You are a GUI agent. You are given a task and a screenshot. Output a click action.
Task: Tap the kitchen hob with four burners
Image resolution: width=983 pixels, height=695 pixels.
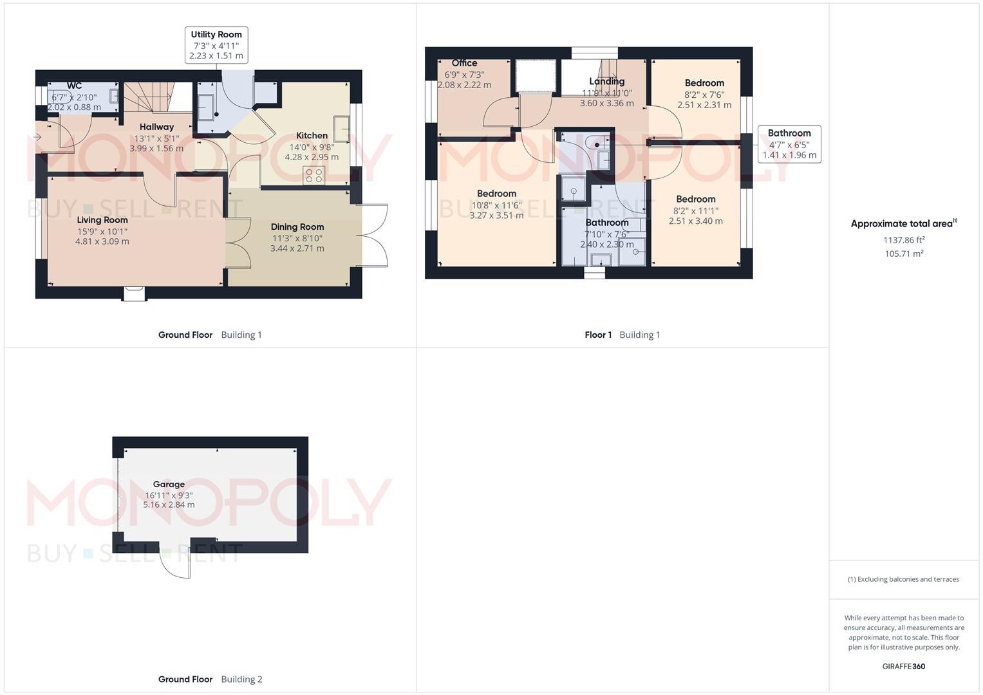click(314, 176)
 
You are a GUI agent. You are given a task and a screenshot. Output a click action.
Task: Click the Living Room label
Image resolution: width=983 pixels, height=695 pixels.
click(102, 220)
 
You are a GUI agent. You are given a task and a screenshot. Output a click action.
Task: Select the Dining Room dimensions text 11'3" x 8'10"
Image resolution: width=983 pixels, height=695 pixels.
click(297, 237)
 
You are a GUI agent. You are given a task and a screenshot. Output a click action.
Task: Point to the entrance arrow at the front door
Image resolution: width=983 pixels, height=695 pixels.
click(38, 137)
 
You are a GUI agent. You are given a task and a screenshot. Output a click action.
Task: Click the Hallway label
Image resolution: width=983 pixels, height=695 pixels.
click(156, 127)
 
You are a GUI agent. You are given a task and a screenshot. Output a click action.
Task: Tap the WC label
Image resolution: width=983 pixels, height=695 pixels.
click(74, 86)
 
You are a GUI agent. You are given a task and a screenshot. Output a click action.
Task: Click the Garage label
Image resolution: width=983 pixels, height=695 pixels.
click(169, 485)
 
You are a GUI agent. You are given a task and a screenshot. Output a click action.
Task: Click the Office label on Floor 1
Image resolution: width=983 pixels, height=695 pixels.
click(464, 63)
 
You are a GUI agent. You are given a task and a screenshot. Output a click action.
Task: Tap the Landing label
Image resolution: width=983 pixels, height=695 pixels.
click(606, 81)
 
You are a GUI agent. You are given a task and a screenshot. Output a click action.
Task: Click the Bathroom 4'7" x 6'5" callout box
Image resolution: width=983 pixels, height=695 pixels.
click(789, 144)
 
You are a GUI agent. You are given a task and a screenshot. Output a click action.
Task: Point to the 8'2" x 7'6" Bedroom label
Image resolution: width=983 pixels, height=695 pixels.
click(704, 83)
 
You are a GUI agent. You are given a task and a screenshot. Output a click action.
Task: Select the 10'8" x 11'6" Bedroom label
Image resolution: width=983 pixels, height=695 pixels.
click(496, 194)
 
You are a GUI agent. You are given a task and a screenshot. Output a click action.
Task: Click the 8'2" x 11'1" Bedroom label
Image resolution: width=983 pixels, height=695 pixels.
click(695, 199)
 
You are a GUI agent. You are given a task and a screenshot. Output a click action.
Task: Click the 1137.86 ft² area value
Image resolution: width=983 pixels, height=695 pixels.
click(904, 240)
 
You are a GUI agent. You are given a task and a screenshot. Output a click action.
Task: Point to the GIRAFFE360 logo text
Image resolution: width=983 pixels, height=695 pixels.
click(904, 667)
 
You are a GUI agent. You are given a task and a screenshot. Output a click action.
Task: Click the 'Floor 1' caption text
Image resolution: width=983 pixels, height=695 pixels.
click(598, 335)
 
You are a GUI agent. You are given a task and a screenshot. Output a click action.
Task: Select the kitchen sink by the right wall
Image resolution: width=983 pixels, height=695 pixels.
click(342, 129)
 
